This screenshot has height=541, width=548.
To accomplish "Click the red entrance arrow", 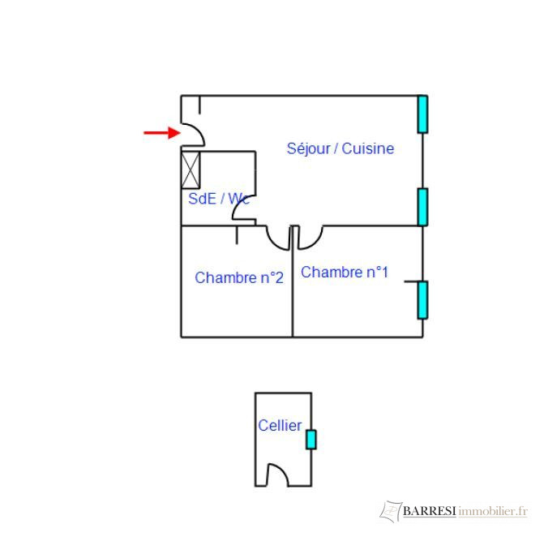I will pyautogui.click(x=161, y=133).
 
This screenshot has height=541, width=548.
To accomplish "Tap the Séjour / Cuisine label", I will pyautogui.click(x=340, y=148).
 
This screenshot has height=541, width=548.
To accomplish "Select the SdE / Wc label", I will pyautogui.click(x=217, y=198).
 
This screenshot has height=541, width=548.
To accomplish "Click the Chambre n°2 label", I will pyautogui.click(x=239, y=277).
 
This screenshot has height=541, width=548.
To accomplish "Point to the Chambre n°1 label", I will pyautogui.click(x=345, y=273).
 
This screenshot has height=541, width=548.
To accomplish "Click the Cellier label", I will pyautogui.click(x=280, y=425).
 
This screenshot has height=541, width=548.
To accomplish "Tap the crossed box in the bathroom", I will pyautogui.click(x=191, y=170).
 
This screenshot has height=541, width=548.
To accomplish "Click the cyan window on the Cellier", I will pyautogui.click(x=310, y=440).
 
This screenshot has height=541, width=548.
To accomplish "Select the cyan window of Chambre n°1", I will pyautogui.click(x=422, y=300).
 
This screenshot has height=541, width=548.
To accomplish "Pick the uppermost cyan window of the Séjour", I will pyautogui.click(x=422, y=114).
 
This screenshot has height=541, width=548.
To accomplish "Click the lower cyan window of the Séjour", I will pyautogui.click(x=422, y=207).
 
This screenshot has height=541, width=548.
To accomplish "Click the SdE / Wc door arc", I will pyautogui.click(x=241, y=208).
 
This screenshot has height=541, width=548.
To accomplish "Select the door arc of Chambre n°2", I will pyautogui.click(x=279, y=238).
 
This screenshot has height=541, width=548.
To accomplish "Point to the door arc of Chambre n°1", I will pyautogui.click(x=310, y=238).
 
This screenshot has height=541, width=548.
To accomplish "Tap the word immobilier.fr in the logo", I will pyautogui.click(x=493, y=511).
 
